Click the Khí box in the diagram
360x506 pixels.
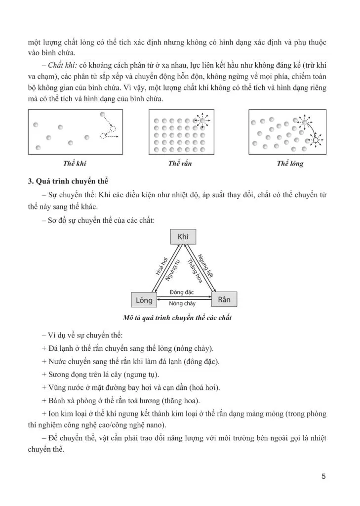[183, 237]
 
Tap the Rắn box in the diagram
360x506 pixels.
[224, 299]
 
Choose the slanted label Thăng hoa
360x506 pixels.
[195, 271]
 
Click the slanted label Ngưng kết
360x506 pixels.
[208, 266]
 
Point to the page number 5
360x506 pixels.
[323, 476]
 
